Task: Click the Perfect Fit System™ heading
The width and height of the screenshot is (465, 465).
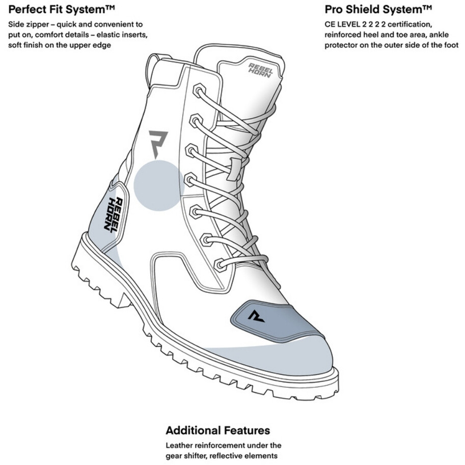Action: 62,10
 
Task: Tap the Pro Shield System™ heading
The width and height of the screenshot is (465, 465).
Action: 378,10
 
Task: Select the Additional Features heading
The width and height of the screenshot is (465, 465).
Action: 218,430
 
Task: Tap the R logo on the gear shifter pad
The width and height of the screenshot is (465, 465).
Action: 255,316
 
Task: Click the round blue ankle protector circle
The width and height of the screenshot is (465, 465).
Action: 159,186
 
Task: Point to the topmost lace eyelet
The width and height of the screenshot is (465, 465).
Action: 199,91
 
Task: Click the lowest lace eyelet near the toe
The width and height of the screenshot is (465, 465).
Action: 220,265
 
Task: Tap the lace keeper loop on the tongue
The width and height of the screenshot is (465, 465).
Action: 233,169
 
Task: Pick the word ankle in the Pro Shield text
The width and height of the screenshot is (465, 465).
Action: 439,35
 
